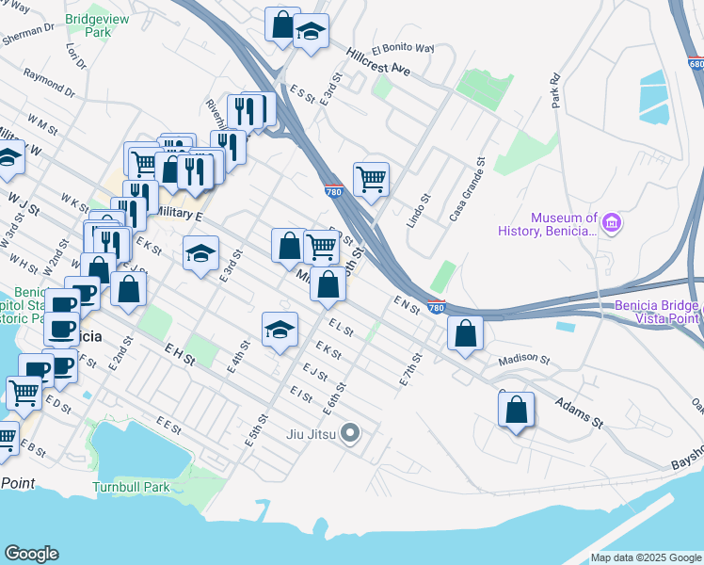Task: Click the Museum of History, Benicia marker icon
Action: [613, 223]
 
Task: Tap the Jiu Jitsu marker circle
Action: [350, 434]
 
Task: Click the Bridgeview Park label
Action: [97, 24]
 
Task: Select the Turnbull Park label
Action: [131, 488]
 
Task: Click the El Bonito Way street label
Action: [403, 48]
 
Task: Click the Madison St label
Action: [523, 359]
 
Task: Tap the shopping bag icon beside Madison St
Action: [466, 332]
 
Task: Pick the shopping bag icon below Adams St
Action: [516, 409]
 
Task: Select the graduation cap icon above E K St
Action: [279, 329]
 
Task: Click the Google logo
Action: [31, 554]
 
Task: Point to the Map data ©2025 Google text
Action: [644, 557]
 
